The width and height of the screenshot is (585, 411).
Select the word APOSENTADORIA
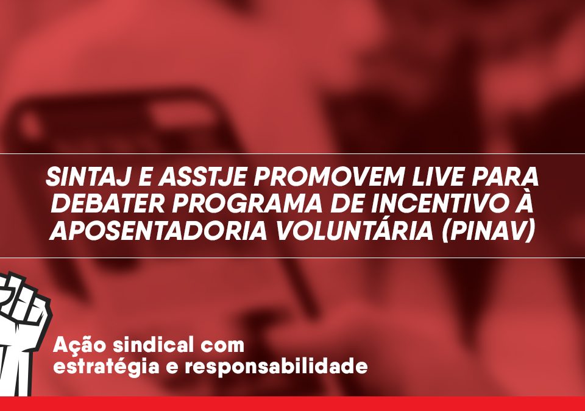(158, 231)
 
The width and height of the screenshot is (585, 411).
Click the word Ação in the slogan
(79, 345)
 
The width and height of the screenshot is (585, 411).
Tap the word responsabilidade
(276, 367)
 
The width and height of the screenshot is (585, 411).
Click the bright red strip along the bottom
(292, 404)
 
